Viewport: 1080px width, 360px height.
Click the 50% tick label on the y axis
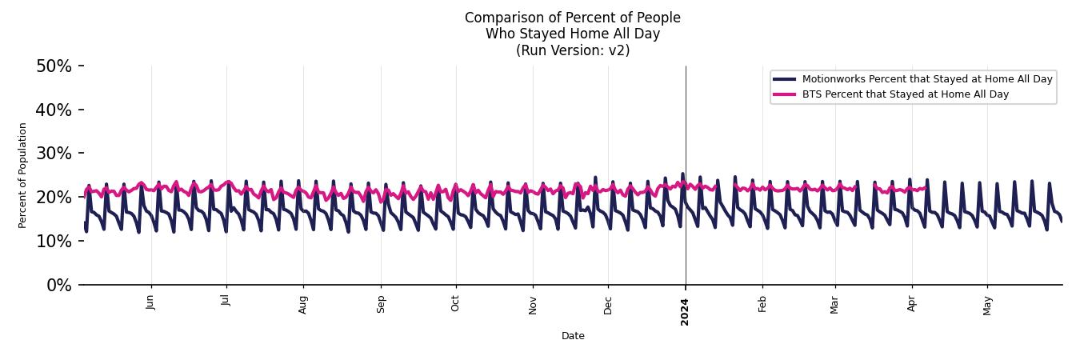tap(54, 66)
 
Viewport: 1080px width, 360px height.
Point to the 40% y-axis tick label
tap(54, 110)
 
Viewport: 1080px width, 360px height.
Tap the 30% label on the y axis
tap(54, 154)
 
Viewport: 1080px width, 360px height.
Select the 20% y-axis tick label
tap(54, 198)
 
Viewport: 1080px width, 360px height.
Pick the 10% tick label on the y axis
tap(54, 242)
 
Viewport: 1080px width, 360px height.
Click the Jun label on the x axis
tap(151, 302)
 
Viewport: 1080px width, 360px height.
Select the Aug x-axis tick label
tap(303, 304)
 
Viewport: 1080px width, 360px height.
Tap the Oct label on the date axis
tap(456, 303)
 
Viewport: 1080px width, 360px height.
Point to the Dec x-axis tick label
tap(608, 304)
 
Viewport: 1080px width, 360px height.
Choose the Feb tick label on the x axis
tap(762, 304)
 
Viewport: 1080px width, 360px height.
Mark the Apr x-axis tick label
tap(912, 303)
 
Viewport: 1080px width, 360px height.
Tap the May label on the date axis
tap(988, 305)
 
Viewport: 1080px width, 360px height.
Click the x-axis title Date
tap(573, 336)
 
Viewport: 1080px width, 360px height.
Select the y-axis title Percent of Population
tap(23, 175)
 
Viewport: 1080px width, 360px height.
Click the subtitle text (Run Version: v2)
tap(573, 50)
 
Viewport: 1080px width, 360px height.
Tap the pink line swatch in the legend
tap(785, 94)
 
